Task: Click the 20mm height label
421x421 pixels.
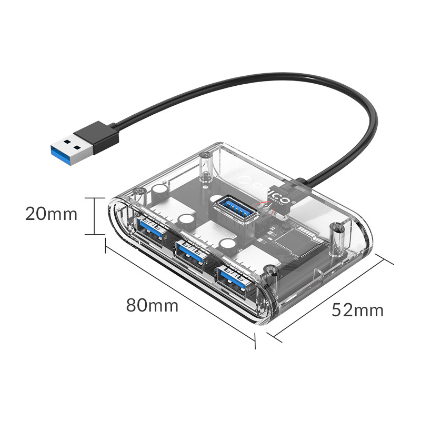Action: click(x=52, y=215)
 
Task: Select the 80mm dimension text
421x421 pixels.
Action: click(x=152, y=305)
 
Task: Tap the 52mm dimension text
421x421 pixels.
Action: click(x=357, y=310)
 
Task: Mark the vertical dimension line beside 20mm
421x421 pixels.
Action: click(x=94, y=216)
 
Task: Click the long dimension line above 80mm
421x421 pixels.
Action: click(x=179, y=293)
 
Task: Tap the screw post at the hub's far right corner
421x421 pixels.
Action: click(x=335, y=236)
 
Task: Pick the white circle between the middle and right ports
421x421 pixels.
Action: click(x=227, y=244)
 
